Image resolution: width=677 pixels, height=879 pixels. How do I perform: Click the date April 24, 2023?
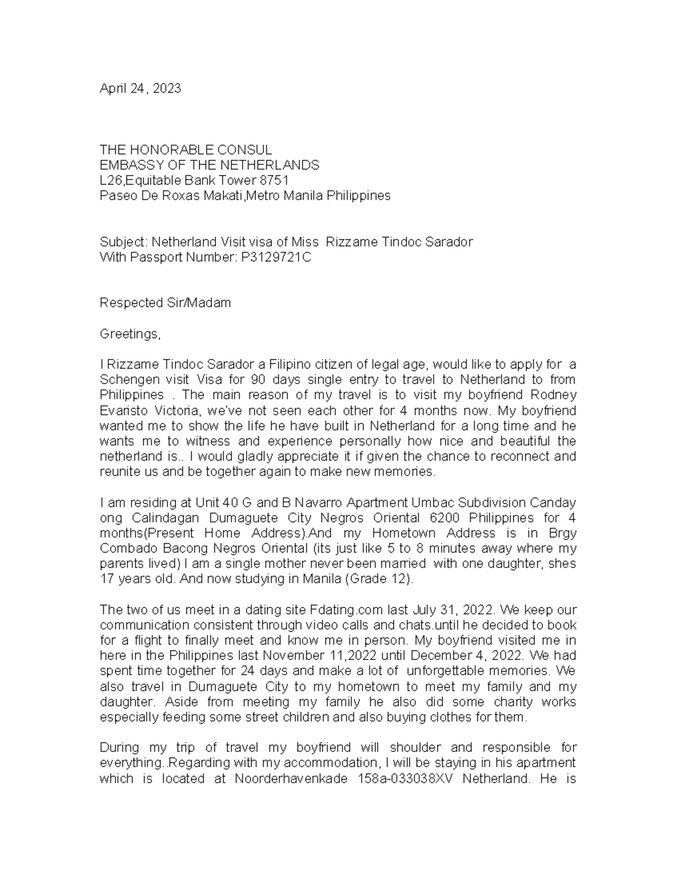(140, 89)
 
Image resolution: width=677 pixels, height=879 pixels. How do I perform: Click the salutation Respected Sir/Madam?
(165, 303)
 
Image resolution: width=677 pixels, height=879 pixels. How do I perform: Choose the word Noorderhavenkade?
(292, 779)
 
